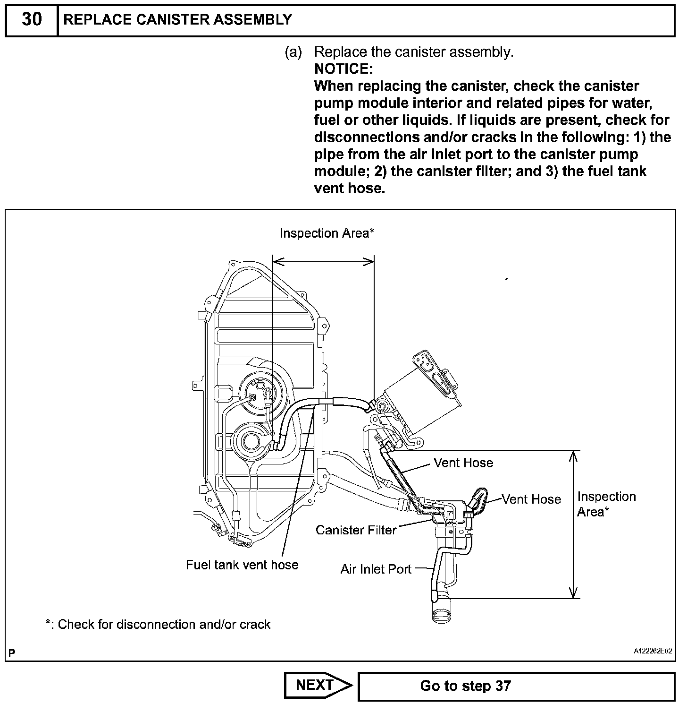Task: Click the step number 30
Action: pos(32,20)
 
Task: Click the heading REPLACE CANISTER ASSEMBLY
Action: pos(177,20)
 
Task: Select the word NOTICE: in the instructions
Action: pos(343,69)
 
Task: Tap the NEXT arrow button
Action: pos(317,685)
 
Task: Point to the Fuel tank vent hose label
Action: pos(242,565)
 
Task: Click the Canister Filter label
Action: pos(356,530)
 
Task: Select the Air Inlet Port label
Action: pos(376,569)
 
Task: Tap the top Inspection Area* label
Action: pos(327,233)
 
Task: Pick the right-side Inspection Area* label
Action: pos(606,504)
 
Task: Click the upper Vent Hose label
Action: pos(463,463)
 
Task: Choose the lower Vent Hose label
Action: pos(531,499)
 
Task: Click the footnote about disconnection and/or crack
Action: pos(158,625)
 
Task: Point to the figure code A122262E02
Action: pos(653,651)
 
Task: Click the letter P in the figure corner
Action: pos(12,653)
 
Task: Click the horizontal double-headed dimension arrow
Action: pos(324,261)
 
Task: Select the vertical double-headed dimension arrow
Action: pos(573,524)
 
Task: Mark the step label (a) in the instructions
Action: pos(293,52)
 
